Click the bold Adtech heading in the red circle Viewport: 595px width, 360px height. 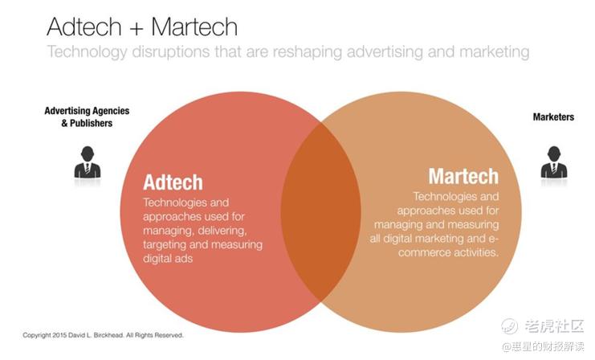[173, 182]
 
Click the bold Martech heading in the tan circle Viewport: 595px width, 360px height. [463, 176]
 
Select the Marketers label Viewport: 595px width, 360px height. [553, 117]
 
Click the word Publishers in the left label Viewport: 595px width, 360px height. [91, 123]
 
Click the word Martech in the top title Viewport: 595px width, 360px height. [194, 27]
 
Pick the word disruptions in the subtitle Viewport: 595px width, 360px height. [170, 52]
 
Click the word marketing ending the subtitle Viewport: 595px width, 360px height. [494, 52]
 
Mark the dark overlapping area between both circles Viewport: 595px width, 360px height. [320, 212]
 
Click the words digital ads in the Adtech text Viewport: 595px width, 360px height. [168, 258]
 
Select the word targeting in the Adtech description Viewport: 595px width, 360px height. [165, 244]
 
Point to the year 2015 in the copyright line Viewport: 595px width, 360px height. [59, 335]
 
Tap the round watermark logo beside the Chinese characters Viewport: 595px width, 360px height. [510, 325]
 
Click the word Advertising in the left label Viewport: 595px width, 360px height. [66, 111]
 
